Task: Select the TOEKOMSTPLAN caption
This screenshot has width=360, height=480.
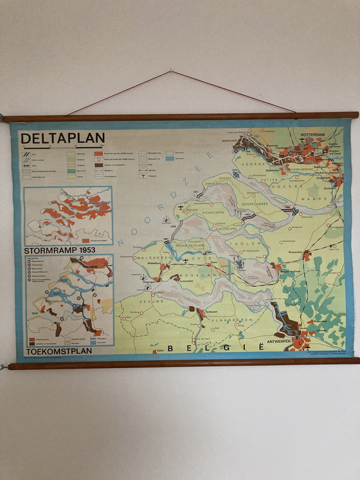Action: pyautogui.click(x=60, y=351)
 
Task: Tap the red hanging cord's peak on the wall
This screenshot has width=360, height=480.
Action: pyautogui.click(x=171, y=71)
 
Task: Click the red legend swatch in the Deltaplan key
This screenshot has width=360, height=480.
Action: pyautogui.click(x=98, y=153)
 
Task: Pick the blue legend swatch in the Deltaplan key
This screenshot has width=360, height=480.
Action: pyautogui.click(x=170, y=158)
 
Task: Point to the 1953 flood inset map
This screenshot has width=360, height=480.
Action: pyautogui.click(x=68, y=215)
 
